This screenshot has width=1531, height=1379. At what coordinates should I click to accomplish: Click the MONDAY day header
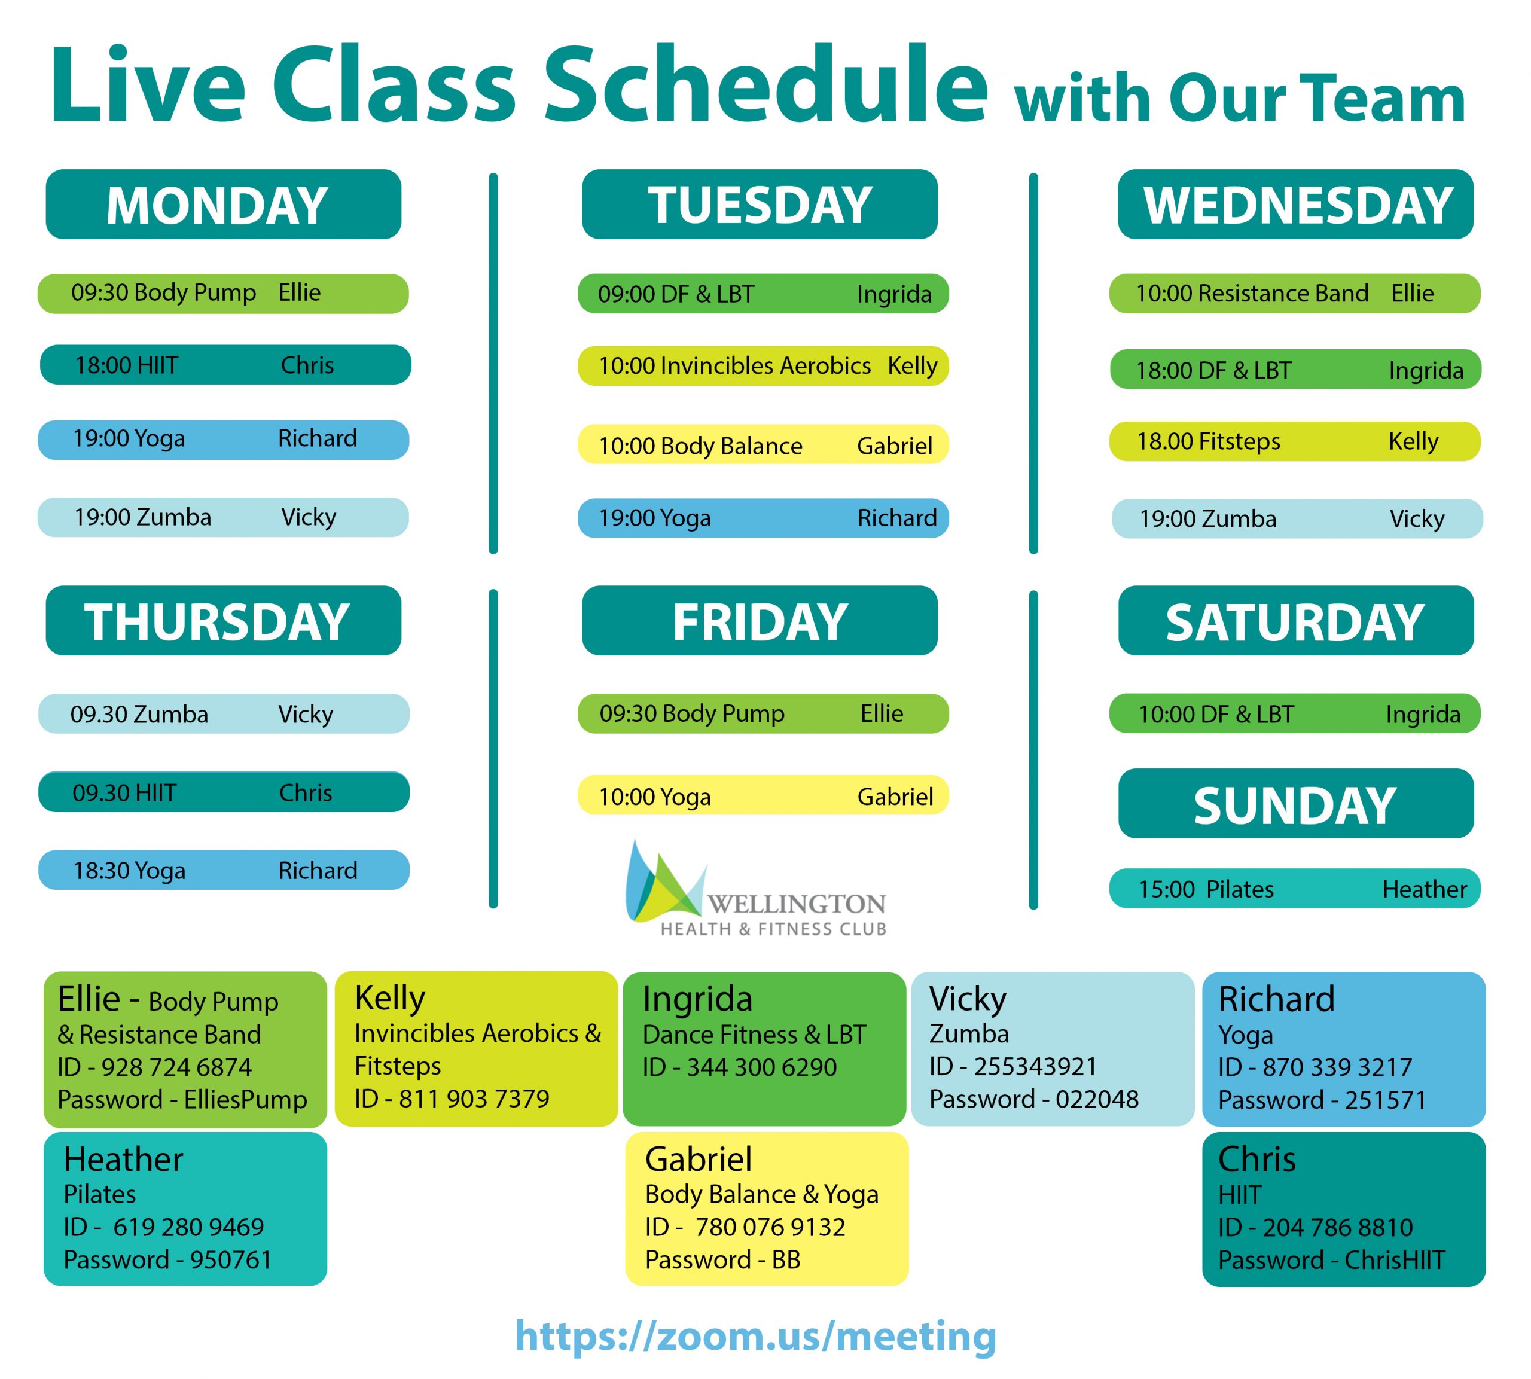pyautogui.click(x=224, y=205)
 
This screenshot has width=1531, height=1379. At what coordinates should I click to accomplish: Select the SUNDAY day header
pyautogui.click(x=1295, y=803)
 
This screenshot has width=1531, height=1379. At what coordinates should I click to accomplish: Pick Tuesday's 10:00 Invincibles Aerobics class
pyautogui.click(x=763, y=366)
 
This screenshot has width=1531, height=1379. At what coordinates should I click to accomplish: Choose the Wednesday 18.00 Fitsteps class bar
pyautogui.click(x=1295, y=441)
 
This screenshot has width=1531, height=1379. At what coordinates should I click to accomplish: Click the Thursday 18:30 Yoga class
pyautogui.click(x=224, y=870)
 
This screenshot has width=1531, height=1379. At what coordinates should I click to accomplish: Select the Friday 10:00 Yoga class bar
pyautogui.click(x=763, y=795)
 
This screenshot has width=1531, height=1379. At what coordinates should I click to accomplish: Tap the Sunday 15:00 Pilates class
pyautogui.click(x=1295, y=888)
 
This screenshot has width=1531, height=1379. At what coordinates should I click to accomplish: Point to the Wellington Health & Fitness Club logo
pyautogui.click(x=755, y=888)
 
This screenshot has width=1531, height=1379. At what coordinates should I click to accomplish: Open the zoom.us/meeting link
pyautogui.click(x=755, y=1335)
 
